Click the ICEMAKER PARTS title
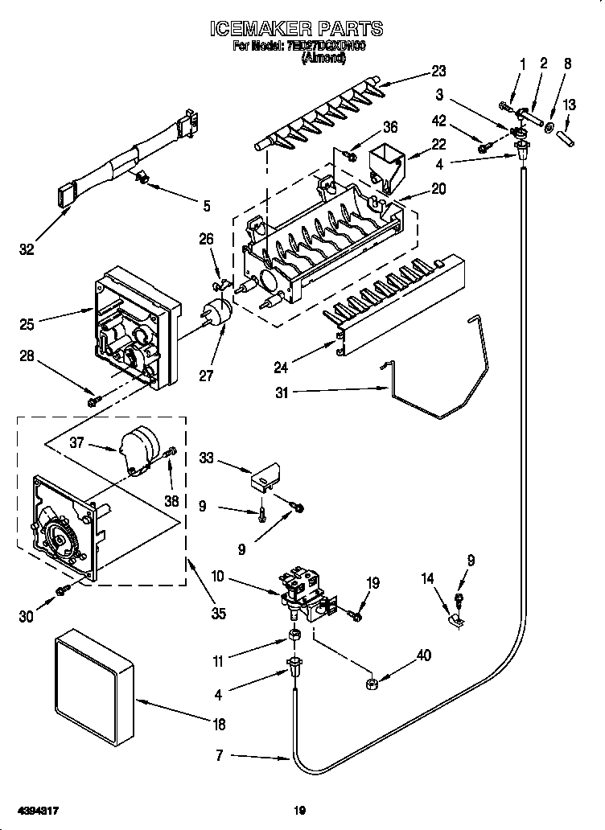point(296,30)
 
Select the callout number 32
point(27,250)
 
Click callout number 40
point(422,655)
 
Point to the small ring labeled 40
point(372,684)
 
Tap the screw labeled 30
point(62,592)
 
